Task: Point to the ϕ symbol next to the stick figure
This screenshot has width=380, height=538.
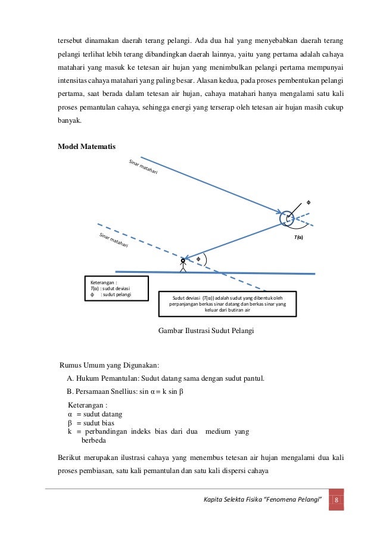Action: [198, 259]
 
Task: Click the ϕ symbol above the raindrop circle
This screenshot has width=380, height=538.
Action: [308, 202]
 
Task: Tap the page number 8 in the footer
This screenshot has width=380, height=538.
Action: [337, 499]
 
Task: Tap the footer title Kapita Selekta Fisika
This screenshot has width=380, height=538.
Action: [264, 499]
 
